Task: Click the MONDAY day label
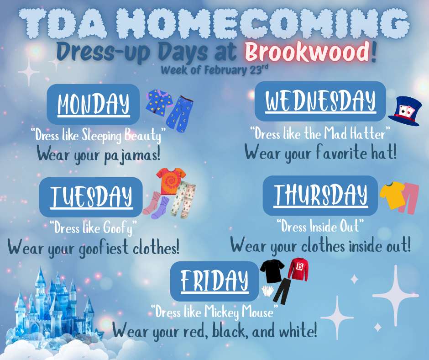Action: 94,105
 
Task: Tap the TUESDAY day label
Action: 91,197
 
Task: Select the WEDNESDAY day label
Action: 320,101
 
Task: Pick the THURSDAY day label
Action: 320,195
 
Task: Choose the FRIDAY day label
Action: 214,281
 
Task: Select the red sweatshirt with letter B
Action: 299,270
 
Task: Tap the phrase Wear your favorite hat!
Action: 320,152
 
